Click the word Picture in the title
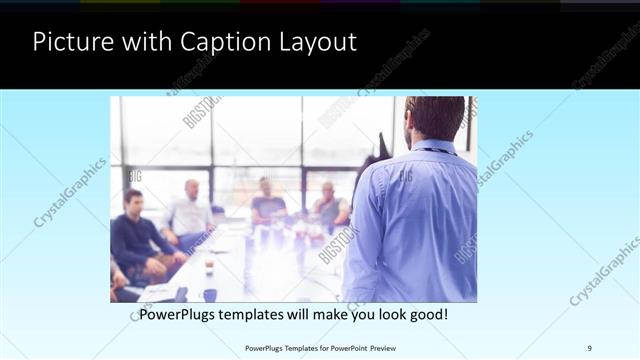point(69,42)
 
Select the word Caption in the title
point(213,42)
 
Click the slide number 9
point(590,347)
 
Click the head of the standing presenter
point(435,118)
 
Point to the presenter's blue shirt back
point(410,220)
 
